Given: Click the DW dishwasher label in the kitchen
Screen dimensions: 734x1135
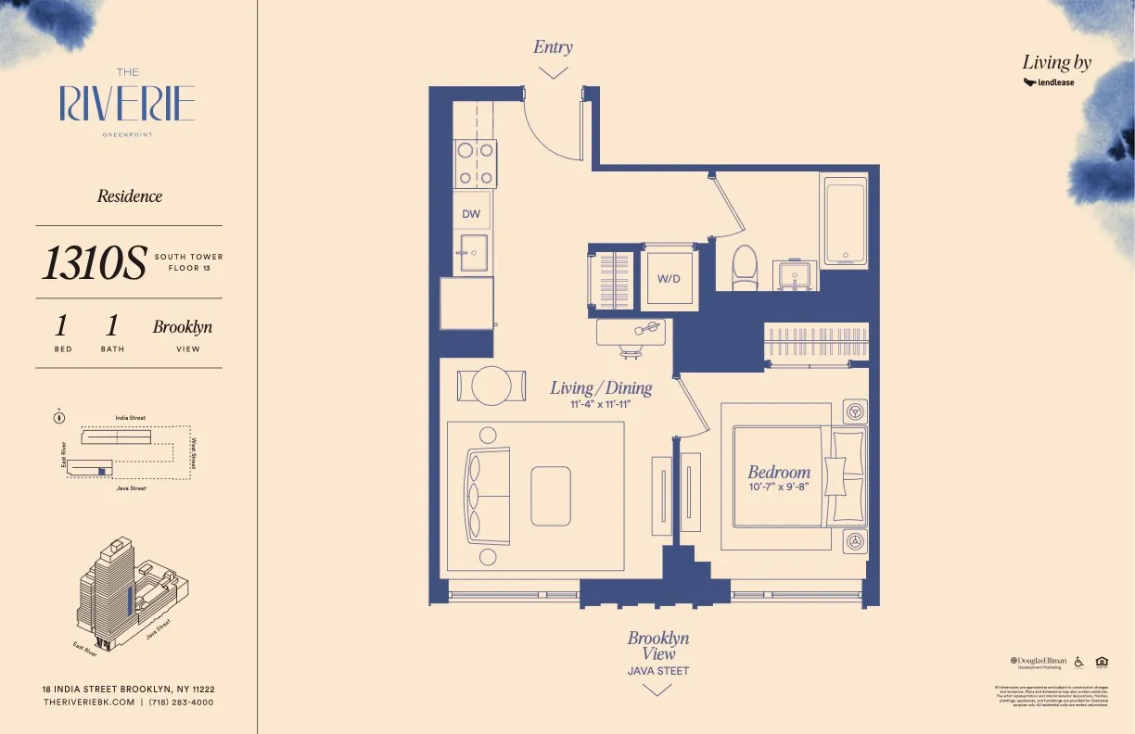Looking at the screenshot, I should click(x=471, y=214).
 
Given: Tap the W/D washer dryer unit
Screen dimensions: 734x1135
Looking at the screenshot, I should click(x=669, y=277).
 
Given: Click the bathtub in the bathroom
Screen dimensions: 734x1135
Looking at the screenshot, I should click(x=844, y=221).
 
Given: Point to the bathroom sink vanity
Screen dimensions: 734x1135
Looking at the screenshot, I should click(x=796, y=275).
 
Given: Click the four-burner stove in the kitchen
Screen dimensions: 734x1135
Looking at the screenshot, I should click(x=475, y=164).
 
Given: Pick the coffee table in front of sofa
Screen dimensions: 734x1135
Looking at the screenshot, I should click(x=551, y=496).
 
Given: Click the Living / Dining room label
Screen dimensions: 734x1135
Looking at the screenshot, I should click(x=601, y=387).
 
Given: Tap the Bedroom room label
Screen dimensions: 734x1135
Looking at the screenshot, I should click(x=779, y=472).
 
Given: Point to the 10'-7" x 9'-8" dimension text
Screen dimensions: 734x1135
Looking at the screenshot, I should click(x=779, y=487).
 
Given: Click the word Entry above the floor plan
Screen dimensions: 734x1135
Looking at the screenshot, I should click(x=553, y=47).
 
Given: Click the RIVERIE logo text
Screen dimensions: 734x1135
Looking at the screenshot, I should click(x=127, y=104).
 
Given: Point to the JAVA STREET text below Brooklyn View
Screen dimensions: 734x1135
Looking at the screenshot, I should click(x=657, y=671).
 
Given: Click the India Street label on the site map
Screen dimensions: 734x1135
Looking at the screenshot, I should click(x=130, y=418).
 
